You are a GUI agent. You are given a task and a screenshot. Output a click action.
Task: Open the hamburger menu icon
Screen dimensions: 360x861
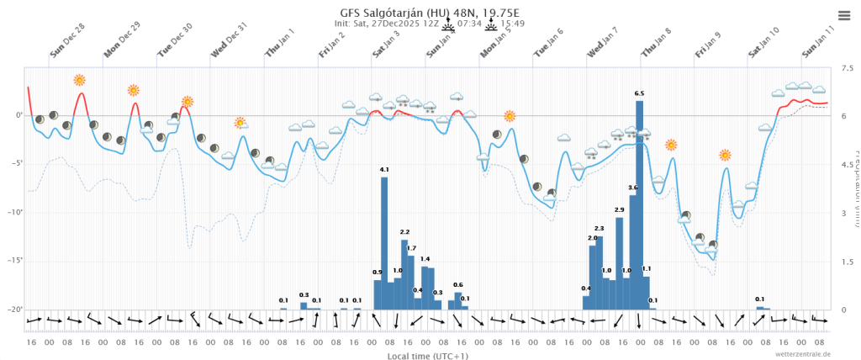click(x=844, y=14)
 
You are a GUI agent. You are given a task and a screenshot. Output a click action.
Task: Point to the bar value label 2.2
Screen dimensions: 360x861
click(x=404, y=231)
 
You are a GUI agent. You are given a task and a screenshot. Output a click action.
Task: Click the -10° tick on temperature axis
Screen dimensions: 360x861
click(x=14, y=212)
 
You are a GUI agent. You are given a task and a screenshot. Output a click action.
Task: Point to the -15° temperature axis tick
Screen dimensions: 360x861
click(x=14, y=261)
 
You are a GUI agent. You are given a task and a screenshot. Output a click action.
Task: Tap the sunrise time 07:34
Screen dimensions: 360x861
click(x=469, y=24)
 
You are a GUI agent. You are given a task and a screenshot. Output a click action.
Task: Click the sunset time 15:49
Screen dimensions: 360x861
click(x=513, y=24)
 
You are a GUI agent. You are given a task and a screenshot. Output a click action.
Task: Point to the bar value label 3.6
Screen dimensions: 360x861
click(x=633, y=187)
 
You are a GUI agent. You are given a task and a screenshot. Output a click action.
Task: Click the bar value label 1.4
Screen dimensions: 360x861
click(x=425, y=259)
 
